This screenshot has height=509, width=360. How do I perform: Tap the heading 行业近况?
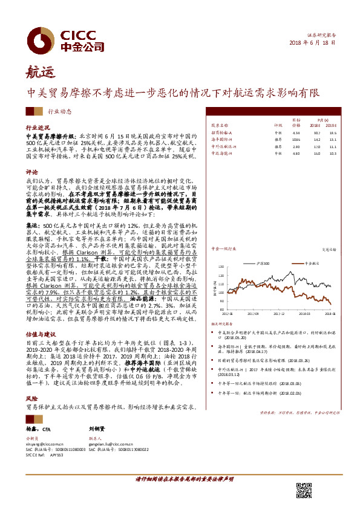pos(37,128)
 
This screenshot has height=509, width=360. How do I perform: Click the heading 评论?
pos(31,171)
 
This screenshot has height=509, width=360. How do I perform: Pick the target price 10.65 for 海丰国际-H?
pos(296,139)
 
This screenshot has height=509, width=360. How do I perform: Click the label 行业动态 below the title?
pos(59,111)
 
